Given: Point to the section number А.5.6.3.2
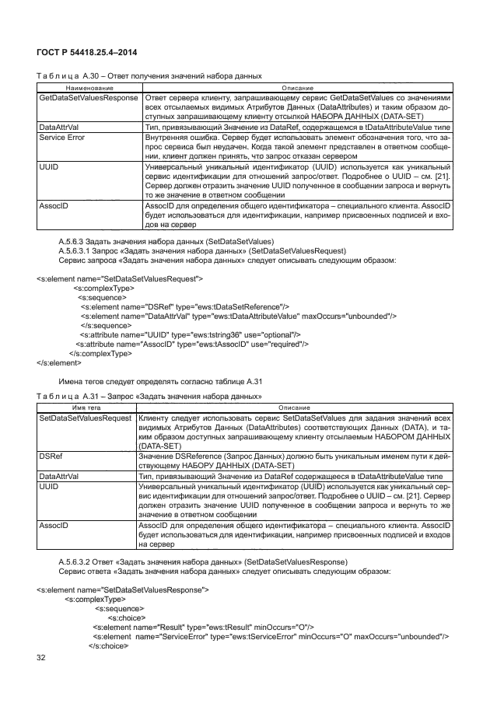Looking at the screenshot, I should (80, 561).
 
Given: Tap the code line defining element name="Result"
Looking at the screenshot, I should (202, 626).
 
